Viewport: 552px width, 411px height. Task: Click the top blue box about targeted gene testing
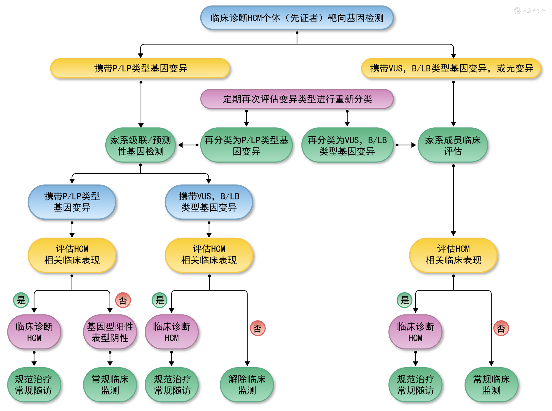pyautogui.click(x=297, y=18)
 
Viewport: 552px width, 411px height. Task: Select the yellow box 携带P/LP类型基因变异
pyautogui.click(x=140, y=68)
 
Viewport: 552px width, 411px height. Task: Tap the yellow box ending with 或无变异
pyautogui.click(x=451, y=68)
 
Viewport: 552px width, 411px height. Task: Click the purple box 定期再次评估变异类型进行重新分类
pyautogui.click(x=297, y=99)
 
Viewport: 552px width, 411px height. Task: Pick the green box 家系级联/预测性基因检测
pyautogui.click(x=141, y=145)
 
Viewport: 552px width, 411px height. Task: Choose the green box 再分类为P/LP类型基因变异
pyautogui.click(x=246, y=145)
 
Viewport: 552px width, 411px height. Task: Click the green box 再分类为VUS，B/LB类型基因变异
pyautogui.click(x=347, y=145)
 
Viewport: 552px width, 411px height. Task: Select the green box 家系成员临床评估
pyautogui.click(x=453, y=145)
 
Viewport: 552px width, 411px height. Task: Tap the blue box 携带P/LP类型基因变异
pyautogui.click(x=72, y=202)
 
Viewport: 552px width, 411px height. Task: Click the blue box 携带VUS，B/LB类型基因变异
pyautogui.click(x=209, y=202)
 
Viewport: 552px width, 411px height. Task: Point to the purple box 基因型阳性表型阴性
pyautogui.click(x=110, y=332)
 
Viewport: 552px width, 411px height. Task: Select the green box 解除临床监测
pyautogui.click(x=247, y=385)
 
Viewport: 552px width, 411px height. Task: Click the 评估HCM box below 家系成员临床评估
pyautogui.click(x=453, y=255)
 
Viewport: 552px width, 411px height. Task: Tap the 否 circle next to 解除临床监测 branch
pyautogui.click(x=257, y=328)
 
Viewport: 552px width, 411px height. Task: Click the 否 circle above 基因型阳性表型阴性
pyautogui.click(x=123, y=300)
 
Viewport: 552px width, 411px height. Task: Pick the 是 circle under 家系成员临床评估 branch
pyautogui.click(x=405, y=300)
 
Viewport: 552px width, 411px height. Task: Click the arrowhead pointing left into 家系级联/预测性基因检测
pyautogui.click(x=180, y=145)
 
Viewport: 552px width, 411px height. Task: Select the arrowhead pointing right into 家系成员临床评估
pyautogui.click(x=413, y=145)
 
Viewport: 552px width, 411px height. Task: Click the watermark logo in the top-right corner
pyautogui.click(x=518, y=11)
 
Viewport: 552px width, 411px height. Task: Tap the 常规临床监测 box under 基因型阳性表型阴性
pyautogui.click(x=110, y=385)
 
